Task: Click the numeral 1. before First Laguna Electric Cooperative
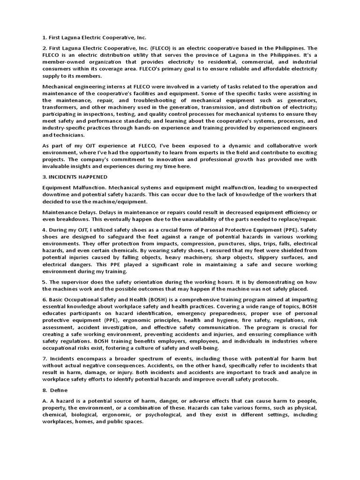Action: coord(45,37)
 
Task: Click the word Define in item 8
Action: coord(60,390)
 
